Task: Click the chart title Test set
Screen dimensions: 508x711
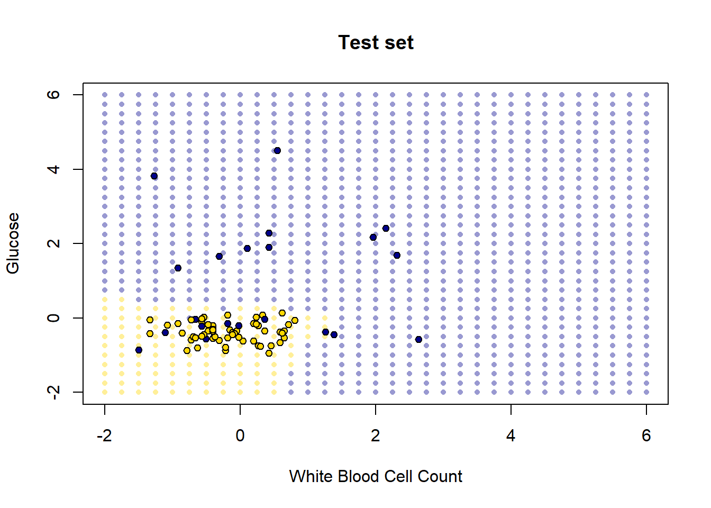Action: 376,42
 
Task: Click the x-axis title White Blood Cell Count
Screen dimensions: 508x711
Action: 376,476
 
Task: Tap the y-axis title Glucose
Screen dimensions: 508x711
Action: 13,243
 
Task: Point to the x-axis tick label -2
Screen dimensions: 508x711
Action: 104,436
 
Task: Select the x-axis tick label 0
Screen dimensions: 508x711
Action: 240,436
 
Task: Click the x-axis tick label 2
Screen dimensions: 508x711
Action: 376,436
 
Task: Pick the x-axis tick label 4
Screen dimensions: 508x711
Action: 511,436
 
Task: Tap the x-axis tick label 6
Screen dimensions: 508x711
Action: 646,436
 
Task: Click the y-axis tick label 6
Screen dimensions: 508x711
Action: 53,95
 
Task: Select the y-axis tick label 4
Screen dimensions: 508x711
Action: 53,169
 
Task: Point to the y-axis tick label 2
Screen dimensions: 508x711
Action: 53,243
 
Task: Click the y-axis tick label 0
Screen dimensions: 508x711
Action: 53,318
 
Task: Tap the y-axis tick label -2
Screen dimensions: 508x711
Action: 53,392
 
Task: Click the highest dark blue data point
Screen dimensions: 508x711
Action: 277,151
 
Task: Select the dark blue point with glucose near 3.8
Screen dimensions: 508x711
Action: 154,176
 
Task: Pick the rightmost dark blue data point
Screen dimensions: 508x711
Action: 418,339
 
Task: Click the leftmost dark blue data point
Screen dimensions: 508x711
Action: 139,350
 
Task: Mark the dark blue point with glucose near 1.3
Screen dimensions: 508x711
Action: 178,268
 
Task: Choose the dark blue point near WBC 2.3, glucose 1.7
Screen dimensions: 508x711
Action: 397,256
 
